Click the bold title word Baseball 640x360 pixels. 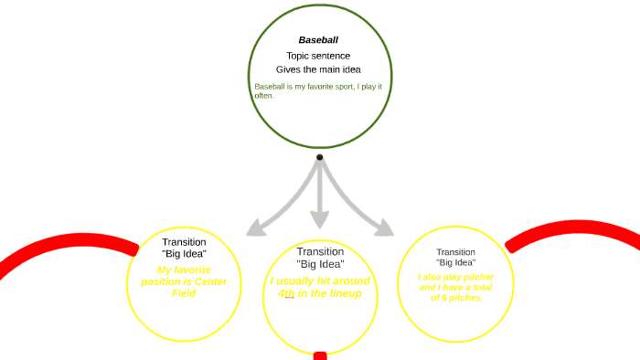[318, 40]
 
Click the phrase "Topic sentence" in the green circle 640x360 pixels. [318, 56]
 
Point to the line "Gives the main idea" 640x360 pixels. [319, 69]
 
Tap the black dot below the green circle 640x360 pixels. [319, 157]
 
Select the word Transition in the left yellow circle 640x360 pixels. [184, 242]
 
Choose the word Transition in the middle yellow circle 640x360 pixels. [320, 251]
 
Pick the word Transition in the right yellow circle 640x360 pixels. [455, 252]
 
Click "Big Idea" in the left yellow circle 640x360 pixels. [184, 254]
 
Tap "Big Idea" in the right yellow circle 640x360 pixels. [455, 263]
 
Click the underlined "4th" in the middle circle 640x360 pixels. [287, 293]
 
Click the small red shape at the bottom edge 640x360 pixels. [320, 355]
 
